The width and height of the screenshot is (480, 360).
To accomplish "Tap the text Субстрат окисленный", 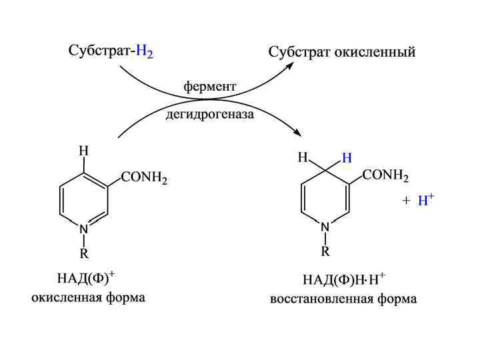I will [341, 52].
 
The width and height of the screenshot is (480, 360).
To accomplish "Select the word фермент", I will [210, 87].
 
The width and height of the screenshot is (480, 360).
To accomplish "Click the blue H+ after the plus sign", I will [425, 201].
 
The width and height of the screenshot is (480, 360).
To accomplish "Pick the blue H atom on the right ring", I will [346, 158].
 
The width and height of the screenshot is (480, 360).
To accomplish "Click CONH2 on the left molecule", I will [145, 178].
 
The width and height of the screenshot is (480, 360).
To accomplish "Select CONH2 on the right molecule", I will [386, 175].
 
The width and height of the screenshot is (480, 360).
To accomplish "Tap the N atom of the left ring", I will [83, 229].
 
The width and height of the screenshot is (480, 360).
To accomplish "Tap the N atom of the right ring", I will [325, 227].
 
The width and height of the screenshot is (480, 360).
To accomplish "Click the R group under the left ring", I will [83, 254].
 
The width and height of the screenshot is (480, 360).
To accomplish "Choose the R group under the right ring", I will [325, 251].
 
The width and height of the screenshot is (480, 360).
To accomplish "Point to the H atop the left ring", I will [83, 151].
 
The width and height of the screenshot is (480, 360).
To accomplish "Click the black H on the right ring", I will [303, 158].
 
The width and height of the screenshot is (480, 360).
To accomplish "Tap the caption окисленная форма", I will [88, 297].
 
